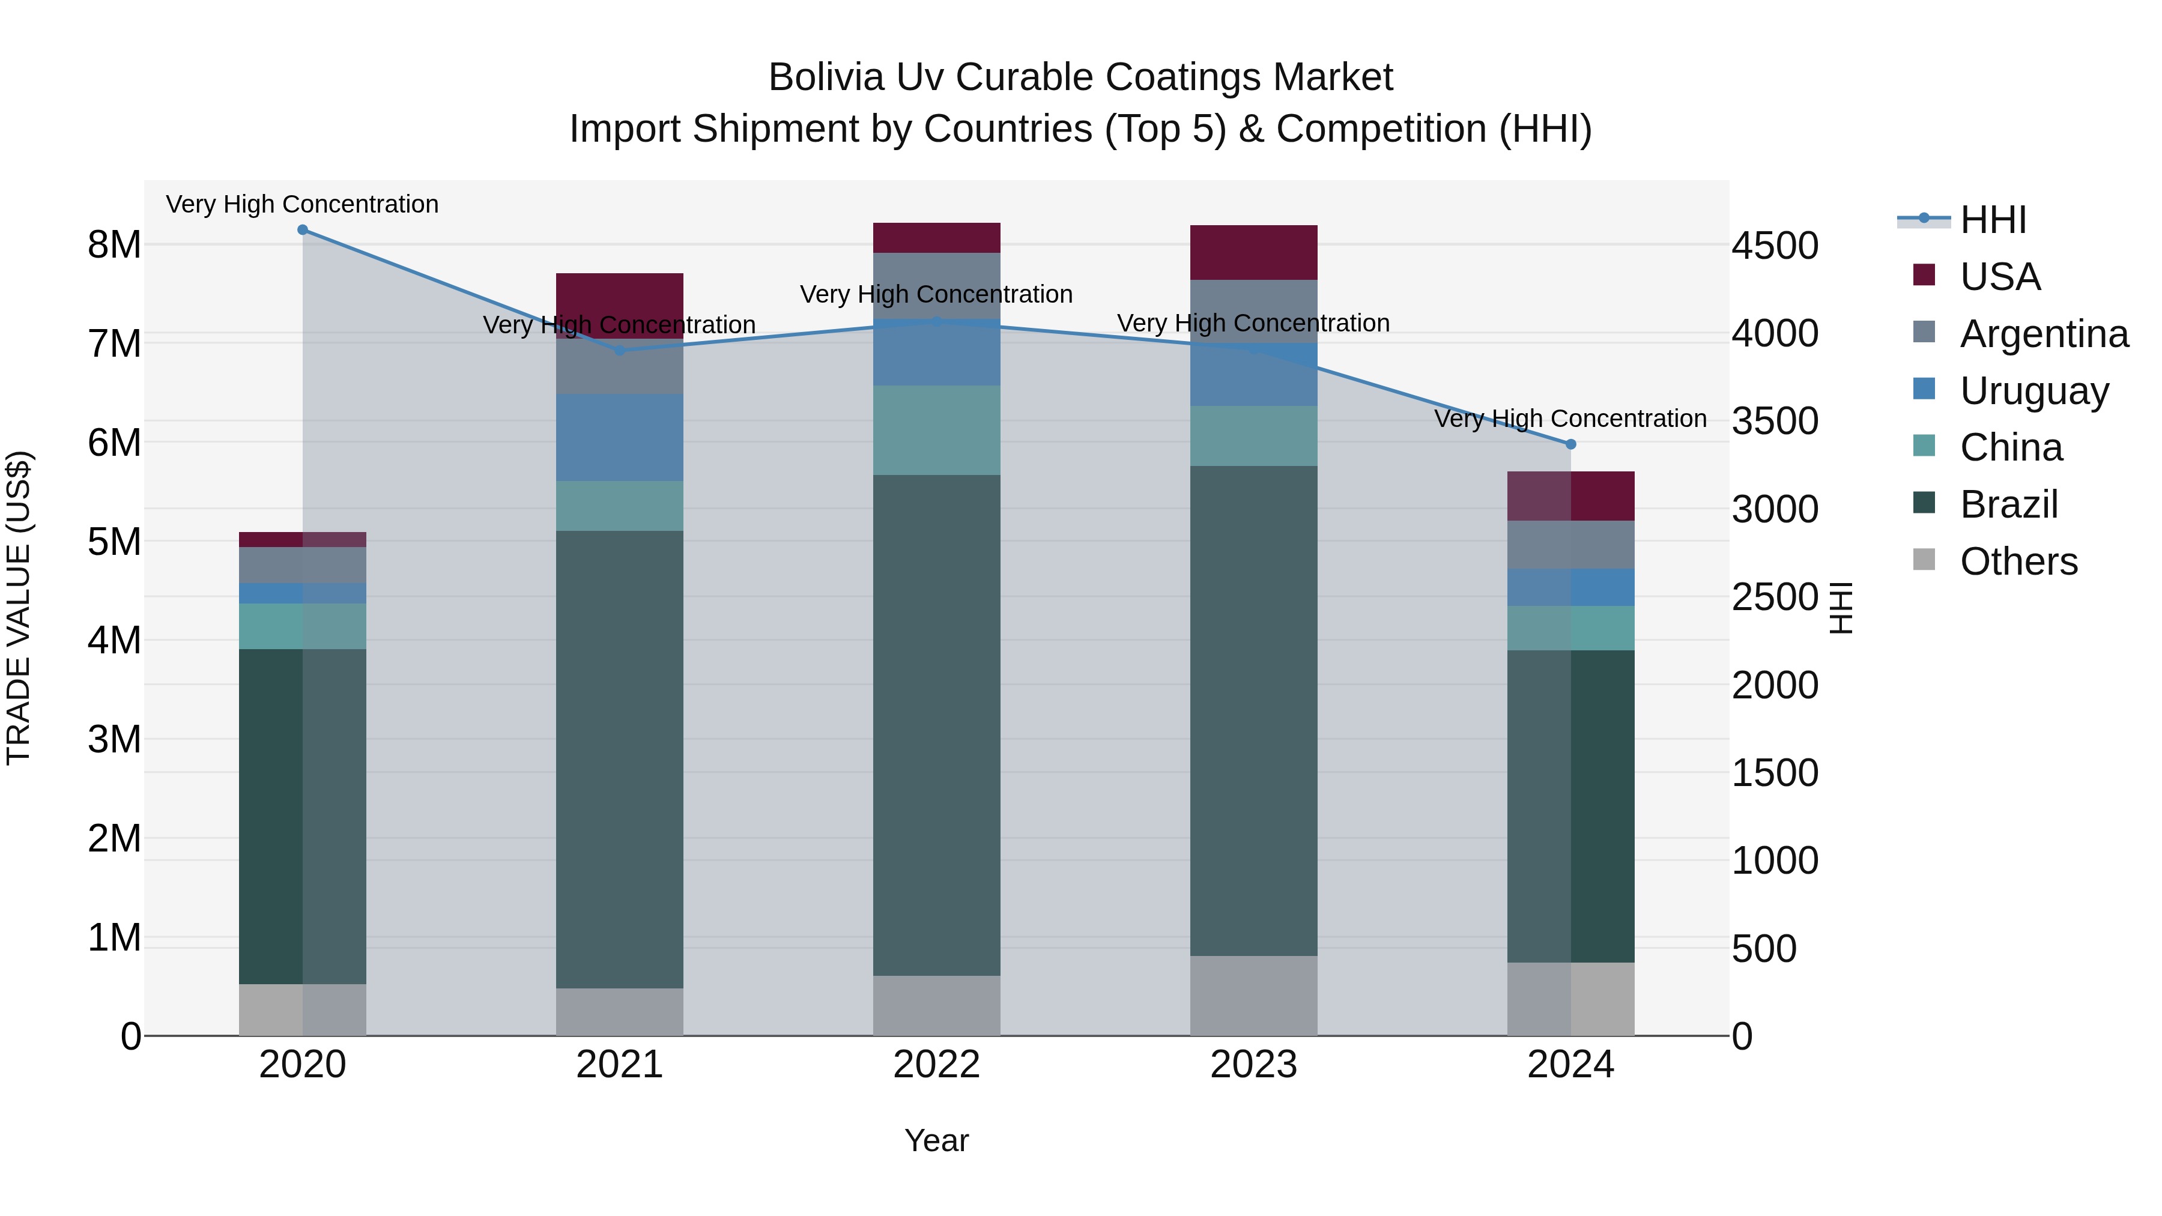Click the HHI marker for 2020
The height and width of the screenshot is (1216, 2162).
pos(303,230)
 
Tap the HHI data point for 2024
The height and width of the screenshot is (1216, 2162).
pos(1571,444)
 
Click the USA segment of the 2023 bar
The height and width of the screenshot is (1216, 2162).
pos(1254,252)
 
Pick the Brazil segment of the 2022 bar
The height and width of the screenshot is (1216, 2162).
pos(937,725)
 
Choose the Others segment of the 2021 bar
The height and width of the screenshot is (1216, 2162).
pos(619,1011)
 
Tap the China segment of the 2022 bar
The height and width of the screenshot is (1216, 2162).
pos(937,430)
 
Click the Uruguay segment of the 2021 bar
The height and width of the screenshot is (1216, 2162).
pos(619,437)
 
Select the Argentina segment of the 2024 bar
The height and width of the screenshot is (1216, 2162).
pos(1571,545)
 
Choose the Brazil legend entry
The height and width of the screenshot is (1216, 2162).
pos(2008,504)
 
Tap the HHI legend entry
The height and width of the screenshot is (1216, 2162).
pos(1993,220)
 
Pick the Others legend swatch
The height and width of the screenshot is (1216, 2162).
pos(1924,560)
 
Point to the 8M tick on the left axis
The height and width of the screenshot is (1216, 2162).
pos(114,245)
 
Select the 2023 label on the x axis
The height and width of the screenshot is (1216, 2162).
pos(1254,1065)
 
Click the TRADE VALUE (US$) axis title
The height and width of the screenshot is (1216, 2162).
pos(19,608)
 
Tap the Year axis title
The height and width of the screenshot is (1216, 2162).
pos(937,1140)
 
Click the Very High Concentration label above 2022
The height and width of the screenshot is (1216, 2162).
pos(937,295)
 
